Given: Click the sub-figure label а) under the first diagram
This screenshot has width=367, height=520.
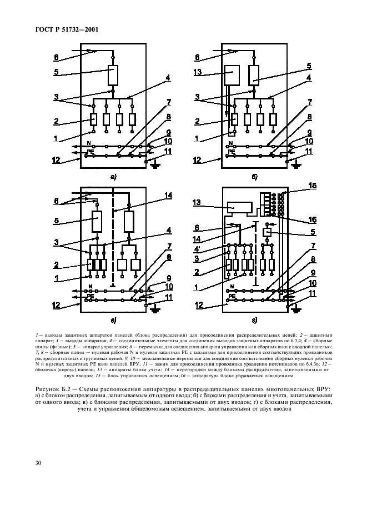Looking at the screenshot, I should [113, 178].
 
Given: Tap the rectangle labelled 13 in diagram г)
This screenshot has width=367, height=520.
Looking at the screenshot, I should [239, 207].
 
